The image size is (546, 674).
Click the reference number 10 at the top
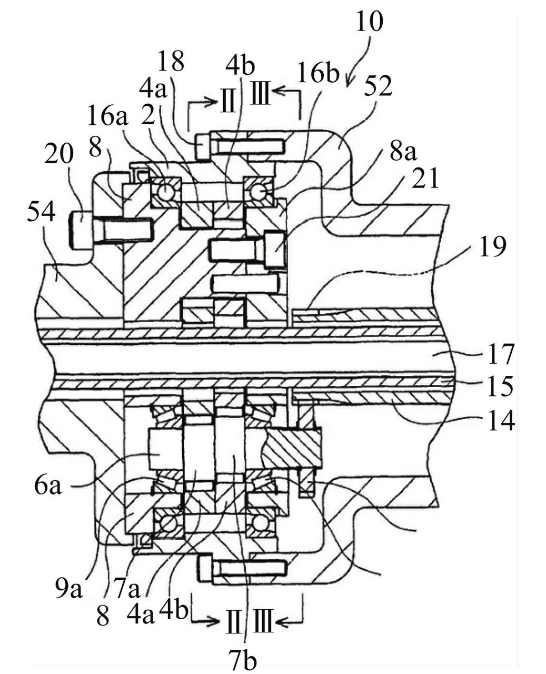tap(370, 21)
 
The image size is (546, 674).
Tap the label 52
tap(378, 86)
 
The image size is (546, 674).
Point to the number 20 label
tap(59, 153)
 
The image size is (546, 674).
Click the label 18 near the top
tap(171, 62)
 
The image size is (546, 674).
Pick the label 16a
tap(108, 116)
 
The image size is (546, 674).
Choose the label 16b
tap(319, 74)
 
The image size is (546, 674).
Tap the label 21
tap(425, 178)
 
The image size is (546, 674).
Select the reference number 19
tap(492, 246)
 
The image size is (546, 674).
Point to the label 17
tap(500, 355)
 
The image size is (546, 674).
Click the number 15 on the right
tap(500, 386)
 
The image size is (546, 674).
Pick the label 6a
tap(47, 487)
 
